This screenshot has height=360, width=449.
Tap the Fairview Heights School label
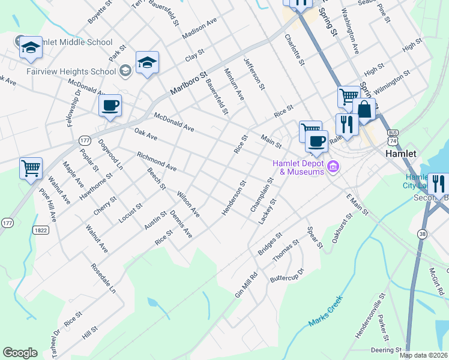(71, 71)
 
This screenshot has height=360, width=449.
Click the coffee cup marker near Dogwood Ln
(110, 106)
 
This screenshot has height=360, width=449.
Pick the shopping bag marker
(364, 110)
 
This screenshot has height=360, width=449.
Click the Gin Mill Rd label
(246, 285)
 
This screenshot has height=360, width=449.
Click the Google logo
(20, 353)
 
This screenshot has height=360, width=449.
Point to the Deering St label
(386, 349)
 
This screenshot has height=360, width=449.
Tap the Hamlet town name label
(400, 154)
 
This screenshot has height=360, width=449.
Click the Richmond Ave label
(157, 161)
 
